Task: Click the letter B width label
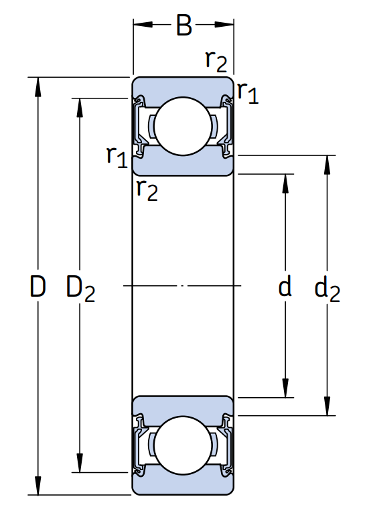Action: click(184, 25)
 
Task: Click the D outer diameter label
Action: click(38, 286)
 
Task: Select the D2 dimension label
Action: click(80, 288)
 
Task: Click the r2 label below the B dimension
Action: click(216, 62)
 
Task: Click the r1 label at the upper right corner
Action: click(248, 93)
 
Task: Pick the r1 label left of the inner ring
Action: click(117, 157)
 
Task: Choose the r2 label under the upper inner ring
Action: click(147, 190)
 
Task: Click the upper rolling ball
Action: click(183, 127)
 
